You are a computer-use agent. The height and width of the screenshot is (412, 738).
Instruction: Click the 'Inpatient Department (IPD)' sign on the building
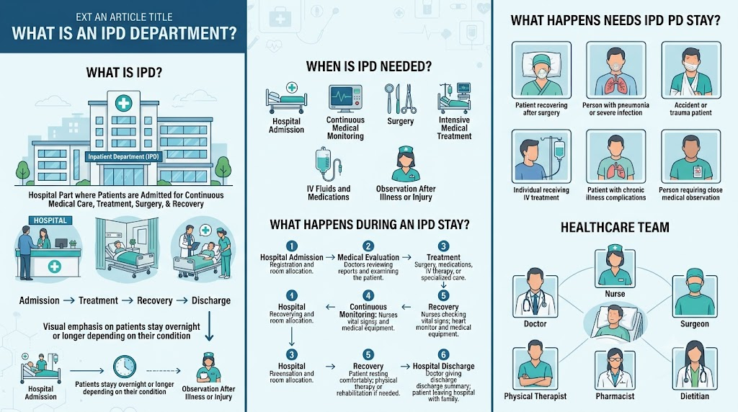tap(123, 156)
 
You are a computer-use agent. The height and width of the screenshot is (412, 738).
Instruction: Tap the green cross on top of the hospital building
tap(123, 103)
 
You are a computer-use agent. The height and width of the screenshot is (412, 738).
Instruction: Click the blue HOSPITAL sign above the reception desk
tap(50, 220)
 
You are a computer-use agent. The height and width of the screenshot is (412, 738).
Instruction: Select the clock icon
tap(125, 367)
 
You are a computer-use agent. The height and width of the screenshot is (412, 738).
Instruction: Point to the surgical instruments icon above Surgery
tap(400, 98)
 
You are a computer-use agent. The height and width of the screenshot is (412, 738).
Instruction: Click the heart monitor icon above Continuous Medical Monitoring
tap(345, 98)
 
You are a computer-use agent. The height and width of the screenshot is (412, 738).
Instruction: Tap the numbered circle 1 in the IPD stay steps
tap(292, 246)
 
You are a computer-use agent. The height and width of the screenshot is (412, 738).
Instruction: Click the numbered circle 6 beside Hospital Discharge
tap(443, 354)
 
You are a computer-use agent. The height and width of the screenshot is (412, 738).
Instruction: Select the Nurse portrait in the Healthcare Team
tap(615, 268)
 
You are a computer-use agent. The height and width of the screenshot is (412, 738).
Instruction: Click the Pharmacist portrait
tap(615, 370)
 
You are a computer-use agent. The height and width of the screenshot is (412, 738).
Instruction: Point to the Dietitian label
tap(695, 396)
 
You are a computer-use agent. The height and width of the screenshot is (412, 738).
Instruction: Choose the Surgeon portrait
tap(695, 295)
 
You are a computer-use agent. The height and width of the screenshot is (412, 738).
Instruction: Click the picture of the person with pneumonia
tap(615, 70)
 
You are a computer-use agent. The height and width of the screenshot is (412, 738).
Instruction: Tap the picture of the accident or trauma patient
tap(691, 70)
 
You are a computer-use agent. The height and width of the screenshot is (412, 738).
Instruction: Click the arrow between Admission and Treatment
tap(68, 300)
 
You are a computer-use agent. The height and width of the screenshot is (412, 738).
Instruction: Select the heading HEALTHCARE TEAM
tap(615, 228)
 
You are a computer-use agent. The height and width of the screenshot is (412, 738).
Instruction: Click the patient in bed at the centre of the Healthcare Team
tap(615, 321)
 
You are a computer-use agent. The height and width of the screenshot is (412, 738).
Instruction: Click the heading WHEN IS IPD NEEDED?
tap(369, 67)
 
